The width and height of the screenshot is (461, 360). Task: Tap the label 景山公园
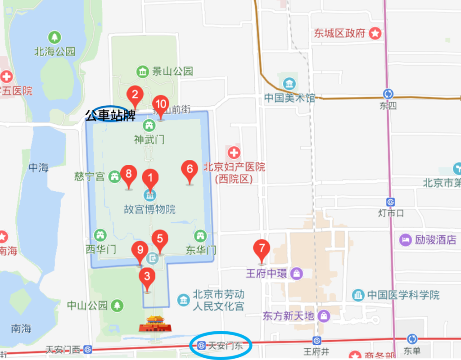172,71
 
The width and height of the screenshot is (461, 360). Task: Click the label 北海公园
55,51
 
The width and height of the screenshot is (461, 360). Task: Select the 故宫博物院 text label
150,209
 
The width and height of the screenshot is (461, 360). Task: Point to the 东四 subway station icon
388,94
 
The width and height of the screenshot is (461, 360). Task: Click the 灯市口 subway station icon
390,202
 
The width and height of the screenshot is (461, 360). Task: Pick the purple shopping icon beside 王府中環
297,273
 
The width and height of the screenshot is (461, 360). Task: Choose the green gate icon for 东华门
200,235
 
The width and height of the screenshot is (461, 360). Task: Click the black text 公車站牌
110,116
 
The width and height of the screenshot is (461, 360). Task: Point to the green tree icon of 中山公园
118,306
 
